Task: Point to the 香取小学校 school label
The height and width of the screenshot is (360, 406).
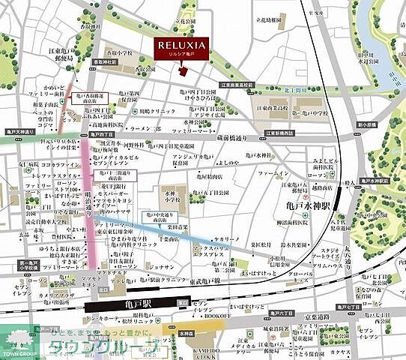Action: pyautogui.click(x=120, y=55)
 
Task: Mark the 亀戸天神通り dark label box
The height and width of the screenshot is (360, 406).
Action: pyautogui.click(x=16, y=131)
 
